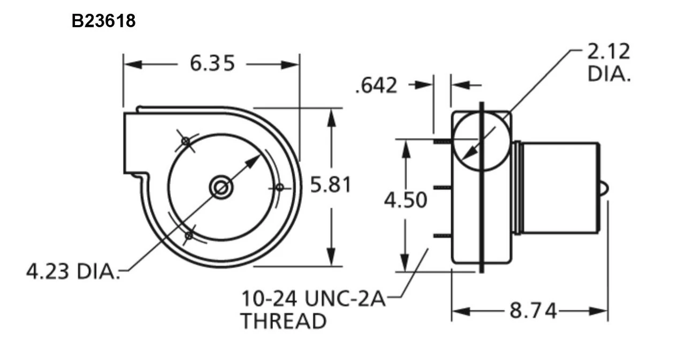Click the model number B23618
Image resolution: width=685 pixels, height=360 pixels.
104,21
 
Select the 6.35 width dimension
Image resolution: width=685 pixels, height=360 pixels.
212,64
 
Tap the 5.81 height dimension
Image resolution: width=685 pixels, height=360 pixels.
331,185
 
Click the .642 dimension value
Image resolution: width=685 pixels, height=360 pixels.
376,85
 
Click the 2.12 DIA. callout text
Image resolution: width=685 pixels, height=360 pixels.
608,63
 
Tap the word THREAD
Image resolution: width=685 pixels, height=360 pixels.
283,321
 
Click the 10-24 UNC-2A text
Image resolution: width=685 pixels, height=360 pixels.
313,298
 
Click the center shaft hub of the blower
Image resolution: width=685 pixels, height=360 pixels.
220,187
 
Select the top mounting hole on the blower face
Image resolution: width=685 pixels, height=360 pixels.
186,141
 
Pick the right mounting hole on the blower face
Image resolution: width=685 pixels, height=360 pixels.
279,187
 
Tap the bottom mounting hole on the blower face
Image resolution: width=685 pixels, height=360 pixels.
188,235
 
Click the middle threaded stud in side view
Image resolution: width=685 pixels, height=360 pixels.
442,187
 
